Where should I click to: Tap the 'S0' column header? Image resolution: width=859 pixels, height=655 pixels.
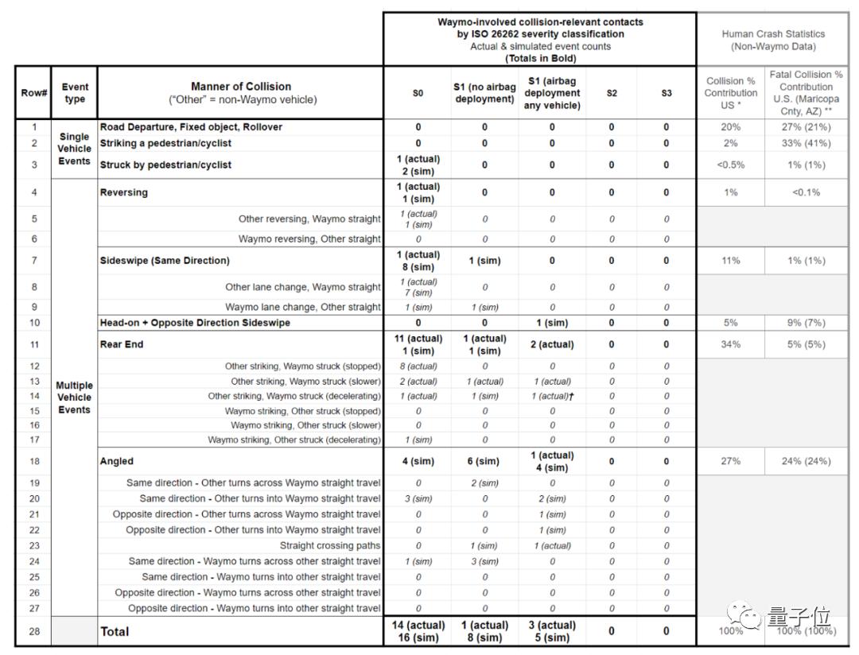418,93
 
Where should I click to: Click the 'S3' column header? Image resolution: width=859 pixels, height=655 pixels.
667,93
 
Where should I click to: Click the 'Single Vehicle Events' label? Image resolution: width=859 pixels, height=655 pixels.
74,149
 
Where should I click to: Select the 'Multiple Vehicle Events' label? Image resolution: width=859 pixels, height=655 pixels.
74,397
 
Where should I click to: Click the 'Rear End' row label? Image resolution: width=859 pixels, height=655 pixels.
122,344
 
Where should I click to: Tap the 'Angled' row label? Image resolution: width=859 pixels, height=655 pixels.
117,461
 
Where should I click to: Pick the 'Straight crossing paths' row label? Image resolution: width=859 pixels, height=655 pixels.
330,546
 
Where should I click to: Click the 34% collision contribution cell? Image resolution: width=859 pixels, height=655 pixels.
730,344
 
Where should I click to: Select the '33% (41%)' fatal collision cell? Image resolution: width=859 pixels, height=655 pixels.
806,143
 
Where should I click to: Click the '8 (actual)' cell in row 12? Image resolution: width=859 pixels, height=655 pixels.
418,366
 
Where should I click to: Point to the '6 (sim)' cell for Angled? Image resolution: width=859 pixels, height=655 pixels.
484,461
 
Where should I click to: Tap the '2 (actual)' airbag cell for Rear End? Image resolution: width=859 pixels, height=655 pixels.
552,344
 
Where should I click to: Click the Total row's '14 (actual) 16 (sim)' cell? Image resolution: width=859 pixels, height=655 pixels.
418,631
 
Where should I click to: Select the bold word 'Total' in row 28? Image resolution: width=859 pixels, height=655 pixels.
115,631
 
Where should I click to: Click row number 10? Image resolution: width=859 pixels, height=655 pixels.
34,323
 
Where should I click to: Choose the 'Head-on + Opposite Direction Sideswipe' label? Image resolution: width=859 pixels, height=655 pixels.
195,323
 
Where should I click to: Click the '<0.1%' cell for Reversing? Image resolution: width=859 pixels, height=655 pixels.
806,192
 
